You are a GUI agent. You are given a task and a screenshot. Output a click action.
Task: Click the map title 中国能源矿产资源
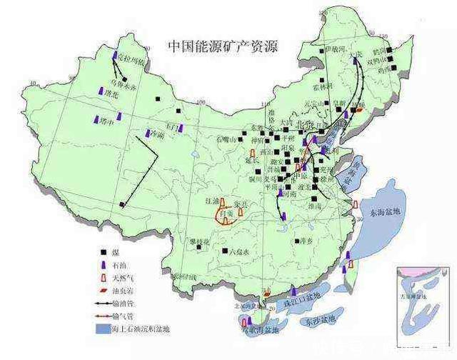(x=222, y=46)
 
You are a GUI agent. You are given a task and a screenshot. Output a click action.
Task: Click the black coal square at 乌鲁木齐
(x=125, y=79)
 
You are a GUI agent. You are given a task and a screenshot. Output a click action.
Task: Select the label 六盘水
(x=236, y=252)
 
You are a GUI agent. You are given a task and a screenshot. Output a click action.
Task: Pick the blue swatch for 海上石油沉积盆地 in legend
(x=103, y=329)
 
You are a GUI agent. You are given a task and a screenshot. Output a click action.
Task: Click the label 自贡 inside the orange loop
(x=226, y=213)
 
